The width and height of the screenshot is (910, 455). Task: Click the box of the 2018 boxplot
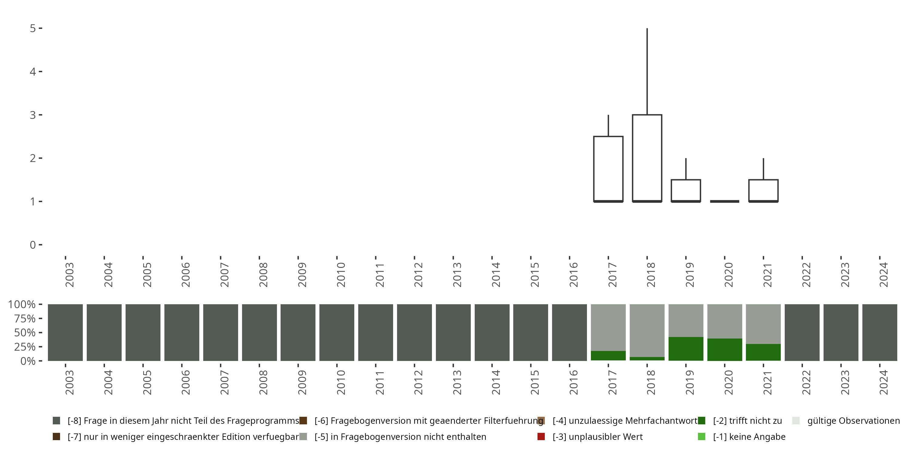(x=647, y=158)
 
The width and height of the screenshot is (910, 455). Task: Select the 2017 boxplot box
(x=608, y=169)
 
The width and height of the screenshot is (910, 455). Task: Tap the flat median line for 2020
(x=725, y=201)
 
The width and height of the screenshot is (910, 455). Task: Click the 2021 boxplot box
(x=763, y=190)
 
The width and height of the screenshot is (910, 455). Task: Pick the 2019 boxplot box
(x=686, y=190)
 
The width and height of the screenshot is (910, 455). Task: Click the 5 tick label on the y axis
(x=33, y=28)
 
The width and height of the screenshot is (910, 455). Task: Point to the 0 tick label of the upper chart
(x=33, y=245)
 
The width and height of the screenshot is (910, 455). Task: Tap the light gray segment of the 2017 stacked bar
(x=608, y=327)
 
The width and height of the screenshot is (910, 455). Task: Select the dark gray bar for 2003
(x=65, y=332)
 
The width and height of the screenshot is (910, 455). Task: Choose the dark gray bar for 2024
(x=880, y=332)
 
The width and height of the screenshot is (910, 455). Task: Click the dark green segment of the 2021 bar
(x=763, y=352)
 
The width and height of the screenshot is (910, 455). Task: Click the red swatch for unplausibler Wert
(x=541, y=436)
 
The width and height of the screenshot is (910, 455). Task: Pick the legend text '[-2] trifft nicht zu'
(x=747, y=421)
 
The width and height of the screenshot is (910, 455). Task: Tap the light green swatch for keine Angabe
(x=702, y=436)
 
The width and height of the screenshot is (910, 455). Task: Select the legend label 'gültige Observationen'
(x=853, y=421)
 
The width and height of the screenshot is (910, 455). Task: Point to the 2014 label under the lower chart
(x=496, y=382)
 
